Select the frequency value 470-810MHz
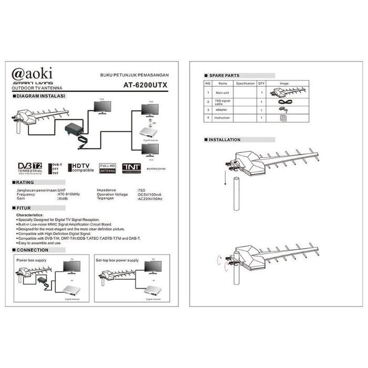pyautogui.click(x=69, y=194)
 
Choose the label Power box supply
pyautogui.click(x=31, y=260)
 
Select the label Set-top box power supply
pyautogui.click(x=117, y=260)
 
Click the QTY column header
pyautogui.click(x=261, y=83)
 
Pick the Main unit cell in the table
pyautogui.click(x=223, y=93)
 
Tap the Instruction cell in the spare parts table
pyautogui.click(x=223, y=118)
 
